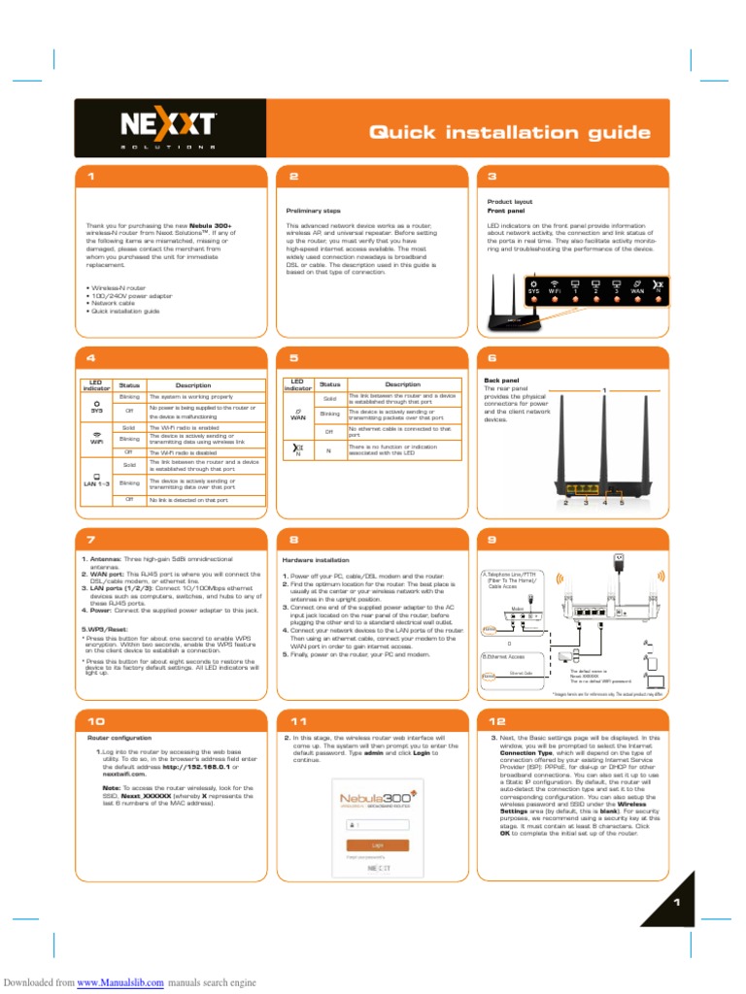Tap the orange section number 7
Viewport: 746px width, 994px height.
(x=90, y=539)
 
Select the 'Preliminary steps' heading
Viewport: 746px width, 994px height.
(x=313, y=210)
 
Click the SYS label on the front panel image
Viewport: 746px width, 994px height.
(x=533, y=290)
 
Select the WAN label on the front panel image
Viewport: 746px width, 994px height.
(x=637, y=290)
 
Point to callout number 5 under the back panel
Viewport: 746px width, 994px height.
(x=622, y=503)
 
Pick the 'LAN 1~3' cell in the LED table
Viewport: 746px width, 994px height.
(x=96, y=482)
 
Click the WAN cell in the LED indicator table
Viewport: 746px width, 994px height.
(x=298, y=418)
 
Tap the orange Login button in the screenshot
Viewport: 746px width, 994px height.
(x=377, y=845)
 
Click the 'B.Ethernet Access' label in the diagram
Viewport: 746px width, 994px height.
(x=504, y=655)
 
